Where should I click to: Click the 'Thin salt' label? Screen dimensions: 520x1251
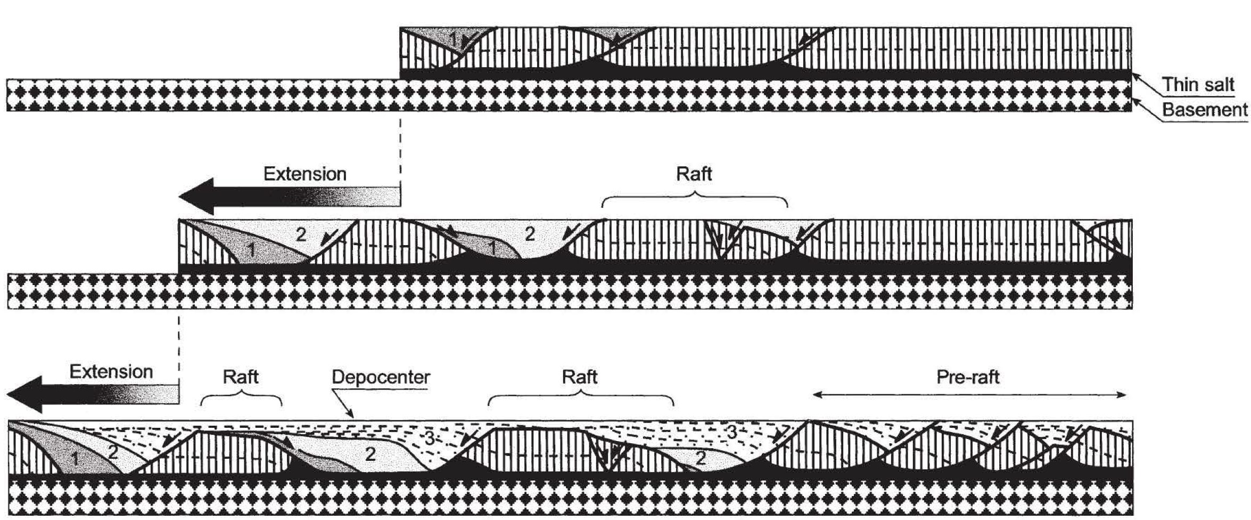pyautogui.click(x=1198, y=84)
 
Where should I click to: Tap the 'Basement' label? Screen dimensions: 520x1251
pyautogui.click(x=1204, y=110)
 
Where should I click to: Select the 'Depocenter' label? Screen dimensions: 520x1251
pyautogui.click(x=381, y=377)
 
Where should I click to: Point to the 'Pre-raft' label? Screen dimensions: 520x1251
pyautogui.click(x=968, y=377)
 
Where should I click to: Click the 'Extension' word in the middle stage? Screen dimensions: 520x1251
pyautogui.click(x=305, y=174)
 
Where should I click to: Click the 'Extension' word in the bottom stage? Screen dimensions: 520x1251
pyautogui.click(x=111, y=371)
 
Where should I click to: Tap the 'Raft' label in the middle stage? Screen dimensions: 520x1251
pyautogui.click(x=694, y=174)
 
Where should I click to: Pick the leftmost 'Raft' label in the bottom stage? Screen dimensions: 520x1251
pyautogui.click(x=241, y=377)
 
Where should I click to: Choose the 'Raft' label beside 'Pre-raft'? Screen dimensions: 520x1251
pyautogui.click(x=580, y=377)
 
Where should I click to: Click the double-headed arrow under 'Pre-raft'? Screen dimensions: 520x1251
pyautogui.click(x=969, y=395)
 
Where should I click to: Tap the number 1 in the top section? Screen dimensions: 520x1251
pyautogui.click(x=453, y=38)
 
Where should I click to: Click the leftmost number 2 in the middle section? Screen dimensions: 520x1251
pyautogui.click(x=301, y=234)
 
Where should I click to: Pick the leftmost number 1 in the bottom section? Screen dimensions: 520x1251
pyautogui.click(x=75, y=459)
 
